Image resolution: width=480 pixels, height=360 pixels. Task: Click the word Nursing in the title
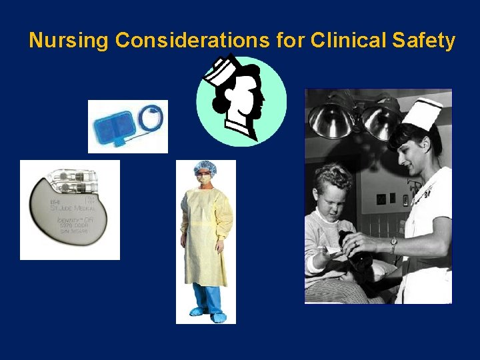pyautogui.click(x=68, y=41)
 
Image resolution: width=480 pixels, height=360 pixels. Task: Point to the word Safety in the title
pyautogui.click(x=424, y=41)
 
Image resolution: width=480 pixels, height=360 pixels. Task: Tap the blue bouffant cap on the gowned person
pyautogui.click(x=204, y=167)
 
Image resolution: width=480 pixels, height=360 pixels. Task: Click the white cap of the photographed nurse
pyautogui.click(x=423, y=113)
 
